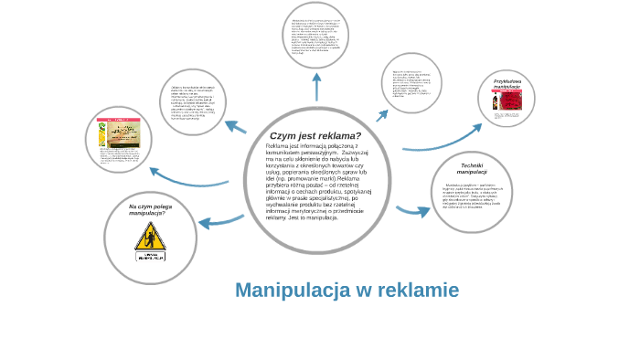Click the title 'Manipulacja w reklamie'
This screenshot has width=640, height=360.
(347, 291)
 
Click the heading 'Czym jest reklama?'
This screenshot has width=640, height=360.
(315, 135)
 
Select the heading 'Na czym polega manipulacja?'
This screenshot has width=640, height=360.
(150, 209)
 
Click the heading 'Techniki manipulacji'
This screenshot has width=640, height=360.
(472, 168)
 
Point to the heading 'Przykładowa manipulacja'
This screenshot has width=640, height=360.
(507, 84)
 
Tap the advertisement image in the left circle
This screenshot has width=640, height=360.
(118, 135)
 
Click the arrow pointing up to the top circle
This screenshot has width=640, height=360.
(316, 87)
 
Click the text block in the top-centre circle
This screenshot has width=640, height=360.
(315, 36)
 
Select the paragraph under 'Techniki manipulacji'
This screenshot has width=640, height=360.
(473, 195)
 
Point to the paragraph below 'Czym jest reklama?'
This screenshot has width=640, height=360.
(317, 183)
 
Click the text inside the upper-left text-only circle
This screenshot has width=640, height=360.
(193, 102)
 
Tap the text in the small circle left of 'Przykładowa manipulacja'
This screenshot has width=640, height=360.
(411, 83)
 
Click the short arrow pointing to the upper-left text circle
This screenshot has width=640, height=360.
(236, 127)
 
